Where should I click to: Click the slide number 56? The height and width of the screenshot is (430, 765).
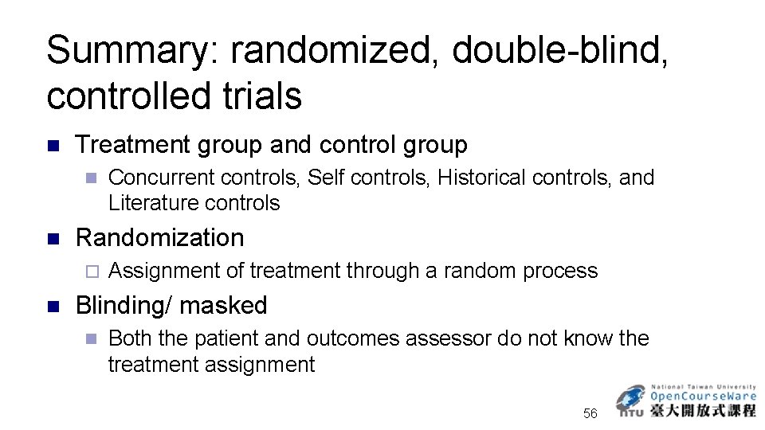coord(590,413)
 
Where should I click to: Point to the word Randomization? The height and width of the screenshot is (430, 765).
coord(159,237)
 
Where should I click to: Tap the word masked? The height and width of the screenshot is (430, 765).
coord(224,305)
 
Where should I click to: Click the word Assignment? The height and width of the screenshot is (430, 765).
coord(164,271)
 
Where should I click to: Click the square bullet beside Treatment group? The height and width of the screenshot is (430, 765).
coord(53,146)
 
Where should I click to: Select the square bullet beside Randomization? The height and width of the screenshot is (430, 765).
coord(53,238)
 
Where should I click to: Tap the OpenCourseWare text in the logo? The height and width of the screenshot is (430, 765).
coord(703,397)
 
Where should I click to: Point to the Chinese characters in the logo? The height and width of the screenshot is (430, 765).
coord(703,411)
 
